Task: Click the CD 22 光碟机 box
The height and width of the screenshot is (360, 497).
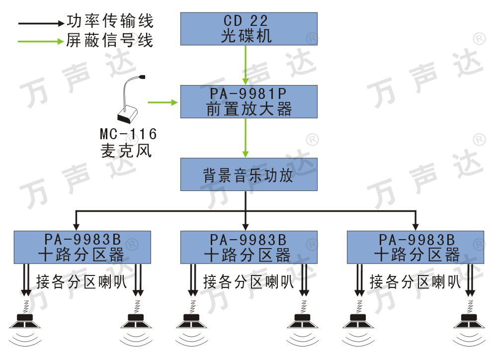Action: (x=249, y=29)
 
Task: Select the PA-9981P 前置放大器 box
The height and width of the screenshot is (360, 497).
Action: (x=249, y=101)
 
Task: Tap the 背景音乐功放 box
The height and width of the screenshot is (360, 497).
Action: (x=249, y=175)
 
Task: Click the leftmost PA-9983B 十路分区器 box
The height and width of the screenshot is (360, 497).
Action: (x=83, y=248)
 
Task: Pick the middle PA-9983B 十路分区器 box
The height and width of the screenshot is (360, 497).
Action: (x=249, y=248)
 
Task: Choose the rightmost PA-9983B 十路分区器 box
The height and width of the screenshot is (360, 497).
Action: (x=415, y=248)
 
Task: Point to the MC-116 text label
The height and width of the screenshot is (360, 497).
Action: (x=128, y=134)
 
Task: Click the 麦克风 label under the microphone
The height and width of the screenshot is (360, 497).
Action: (x=126, y=151)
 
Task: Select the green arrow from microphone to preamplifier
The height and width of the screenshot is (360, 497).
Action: (x=163, y=102)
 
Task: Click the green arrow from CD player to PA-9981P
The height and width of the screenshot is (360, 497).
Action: (x=246, y=65)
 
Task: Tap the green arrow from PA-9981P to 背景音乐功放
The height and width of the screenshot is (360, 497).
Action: (x=246, y=138)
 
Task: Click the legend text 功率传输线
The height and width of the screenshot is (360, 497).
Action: (x=110, y=21)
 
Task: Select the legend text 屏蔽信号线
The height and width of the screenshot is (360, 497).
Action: (x=110, y=40)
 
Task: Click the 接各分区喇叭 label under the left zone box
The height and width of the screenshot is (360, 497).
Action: (x=82, y=281)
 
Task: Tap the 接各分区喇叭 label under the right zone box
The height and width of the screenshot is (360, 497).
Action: (x=415, y=281)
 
